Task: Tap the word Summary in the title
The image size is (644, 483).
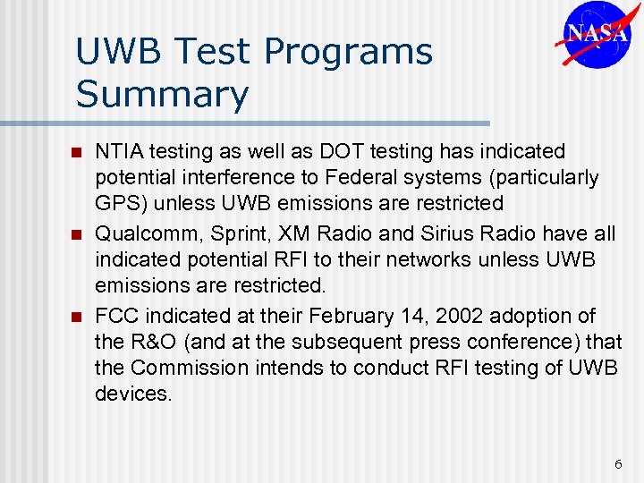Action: point(162,94)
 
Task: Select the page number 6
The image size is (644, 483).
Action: point(617,464)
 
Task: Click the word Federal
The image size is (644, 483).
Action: point(376,177)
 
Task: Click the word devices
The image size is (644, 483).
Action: point(132,394)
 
